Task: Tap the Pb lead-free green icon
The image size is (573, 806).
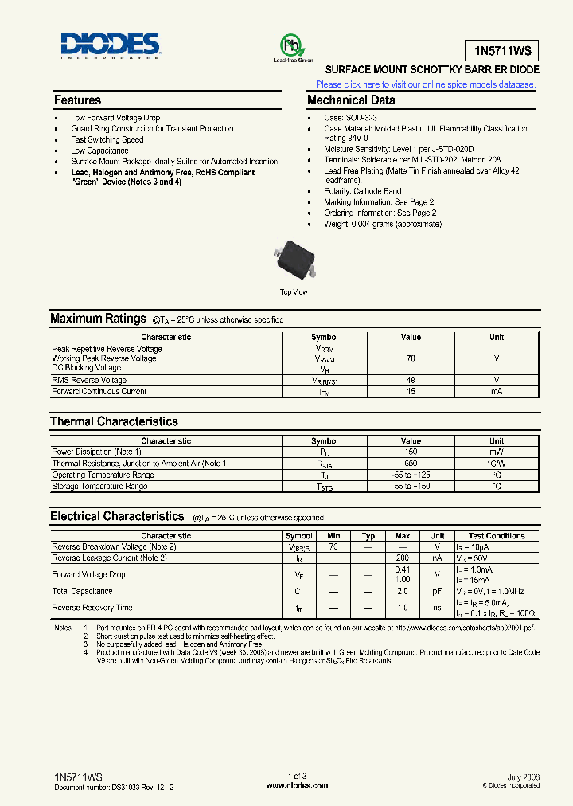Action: [293, 45]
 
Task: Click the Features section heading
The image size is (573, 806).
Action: [77, 100]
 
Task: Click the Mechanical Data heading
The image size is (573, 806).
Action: [351, 100]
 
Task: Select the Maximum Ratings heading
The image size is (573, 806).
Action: [98, 319]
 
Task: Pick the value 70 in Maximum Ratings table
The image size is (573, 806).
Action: [411, 358]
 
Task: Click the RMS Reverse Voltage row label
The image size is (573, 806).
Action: [89, 381]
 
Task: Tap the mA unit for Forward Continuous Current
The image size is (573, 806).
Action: [497, 392]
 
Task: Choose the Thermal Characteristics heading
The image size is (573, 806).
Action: [114, 421]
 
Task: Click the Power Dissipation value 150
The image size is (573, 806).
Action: [411, 452]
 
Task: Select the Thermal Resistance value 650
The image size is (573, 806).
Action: [411, 464]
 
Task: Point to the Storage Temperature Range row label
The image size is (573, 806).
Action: [99, 487]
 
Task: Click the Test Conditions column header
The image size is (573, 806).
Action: [497, 536]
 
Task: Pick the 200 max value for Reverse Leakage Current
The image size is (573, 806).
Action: [403, 559]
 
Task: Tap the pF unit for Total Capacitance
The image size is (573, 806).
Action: [437, 592]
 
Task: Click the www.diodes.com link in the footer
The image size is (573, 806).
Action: [296, 786]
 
